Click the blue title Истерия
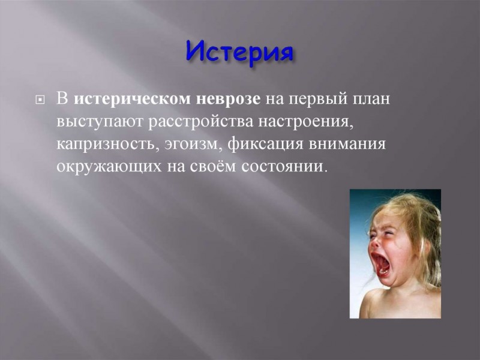click(239, 53)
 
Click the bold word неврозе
click(228, 99)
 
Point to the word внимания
click(347, 144)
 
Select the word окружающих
click(109, 167)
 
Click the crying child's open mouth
click(380, 263)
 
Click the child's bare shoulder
click(375, 302)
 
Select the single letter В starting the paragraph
click(62, 100)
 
